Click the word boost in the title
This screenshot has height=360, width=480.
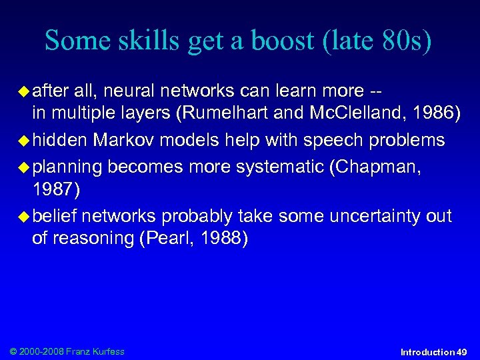click(272, 41)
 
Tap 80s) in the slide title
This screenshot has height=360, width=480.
click(404, 41)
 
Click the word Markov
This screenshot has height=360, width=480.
click(125, 140)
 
